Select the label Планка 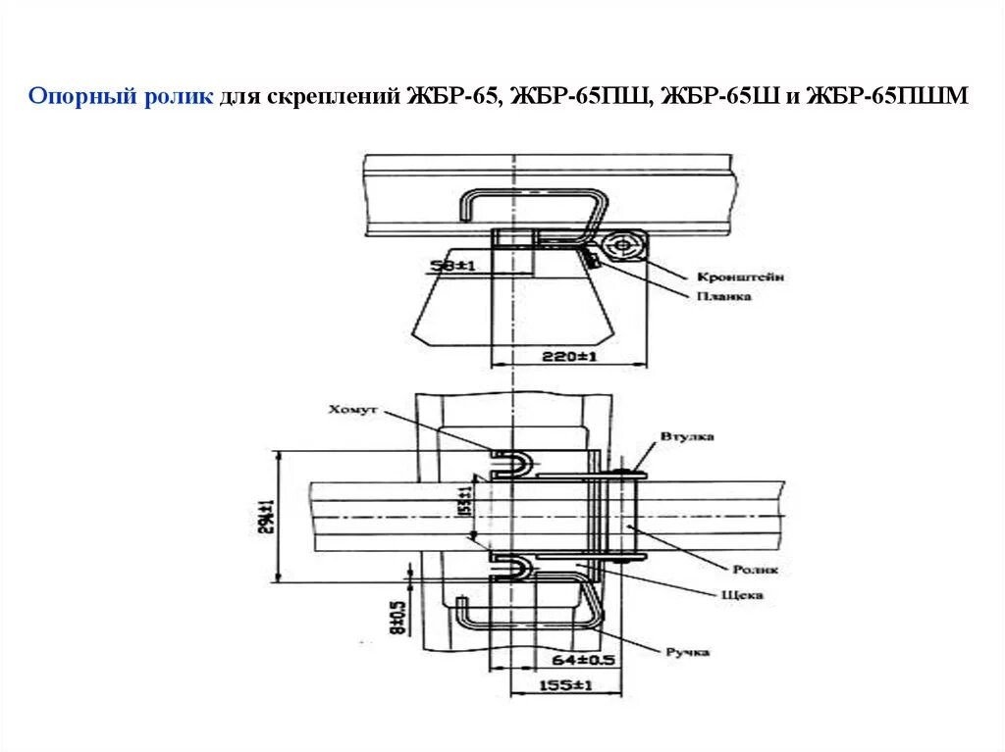pos(724,295)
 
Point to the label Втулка pos(687,436)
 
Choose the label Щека pos(743,594)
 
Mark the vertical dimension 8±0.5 pos(398,616)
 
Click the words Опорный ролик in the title pos(121,96)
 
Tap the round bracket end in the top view pos(620,245)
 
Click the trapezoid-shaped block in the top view pos(510,309)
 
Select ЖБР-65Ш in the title pos(718,96)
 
